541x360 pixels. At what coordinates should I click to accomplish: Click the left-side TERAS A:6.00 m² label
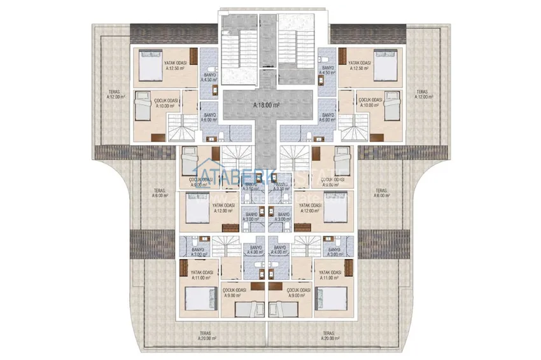(159, 193)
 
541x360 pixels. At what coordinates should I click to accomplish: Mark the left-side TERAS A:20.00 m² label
(207, 335)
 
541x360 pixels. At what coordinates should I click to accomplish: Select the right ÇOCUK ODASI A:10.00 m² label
(370, 102)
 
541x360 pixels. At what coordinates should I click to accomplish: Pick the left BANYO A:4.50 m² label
(209, 77)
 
